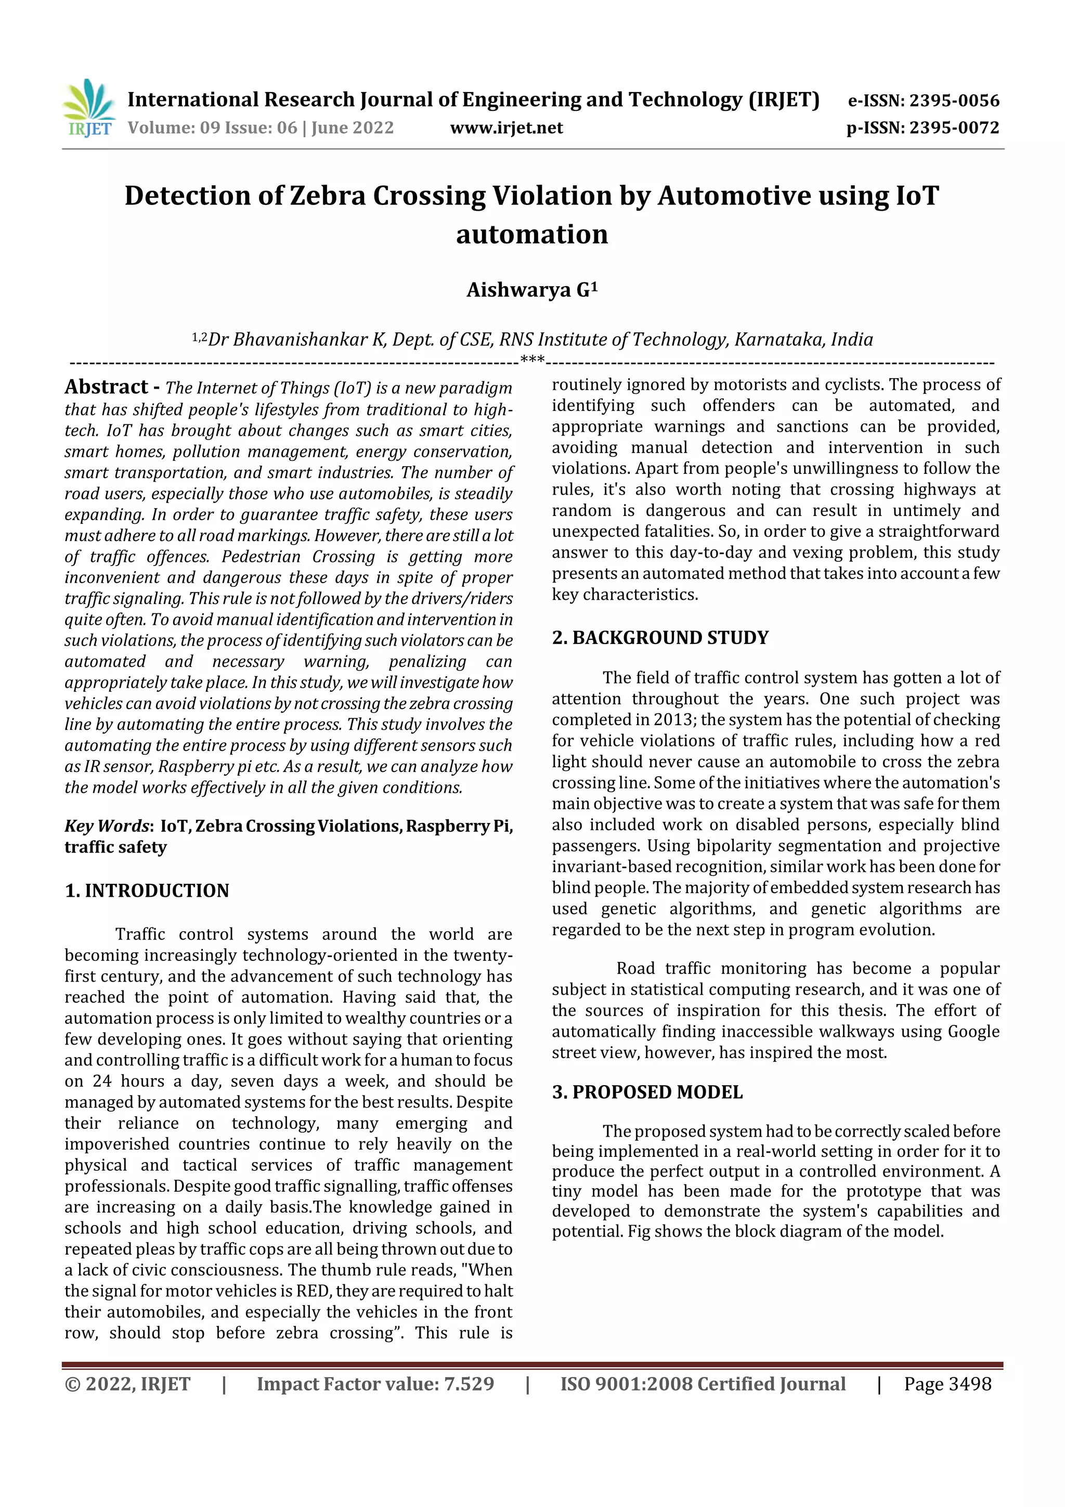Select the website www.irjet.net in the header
pos(506,127)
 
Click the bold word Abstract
pos(106,387)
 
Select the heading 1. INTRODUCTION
pos(147,891)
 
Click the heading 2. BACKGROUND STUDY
pos(659,637)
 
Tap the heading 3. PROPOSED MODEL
pos(647,1092)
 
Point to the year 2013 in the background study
pos(674,719)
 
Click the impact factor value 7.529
pos(469,1384)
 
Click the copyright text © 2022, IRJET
pos(127,1384)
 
